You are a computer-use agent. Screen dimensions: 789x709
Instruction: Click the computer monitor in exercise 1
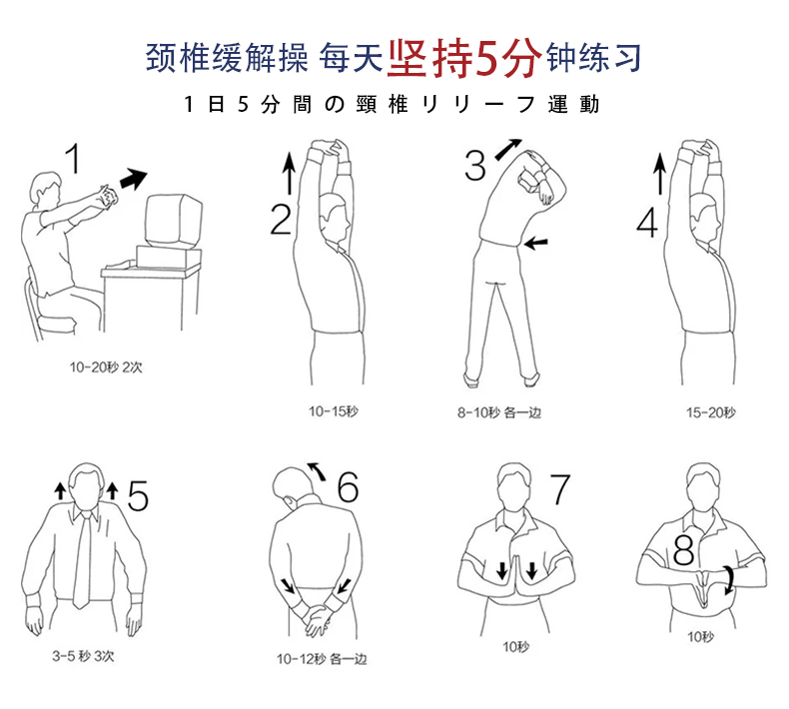(174, 222)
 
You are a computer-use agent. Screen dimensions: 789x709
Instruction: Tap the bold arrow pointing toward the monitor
(134, 179)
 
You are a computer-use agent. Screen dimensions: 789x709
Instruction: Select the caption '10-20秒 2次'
(106, 367)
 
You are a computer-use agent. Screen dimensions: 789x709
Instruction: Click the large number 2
(281, 220)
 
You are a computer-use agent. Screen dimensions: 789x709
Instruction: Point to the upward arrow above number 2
(289, 173)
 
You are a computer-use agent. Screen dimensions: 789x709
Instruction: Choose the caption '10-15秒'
(334, 411)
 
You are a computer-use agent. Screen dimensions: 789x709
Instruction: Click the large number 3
(475, 166)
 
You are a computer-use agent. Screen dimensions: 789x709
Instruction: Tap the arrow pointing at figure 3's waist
(535, 243)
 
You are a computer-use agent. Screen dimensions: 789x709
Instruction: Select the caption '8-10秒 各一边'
(499, 413)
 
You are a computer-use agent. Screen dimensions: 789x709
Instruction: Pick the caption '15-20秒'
(710, 413)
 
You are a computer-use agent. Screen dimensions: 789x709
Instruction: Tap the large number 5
(138, 495)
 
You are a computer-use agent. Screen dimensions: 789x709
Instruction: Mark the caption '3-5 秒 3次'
(83, 656)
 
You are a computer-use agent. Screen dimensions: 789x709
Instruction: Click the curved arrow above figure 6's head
(317, 470)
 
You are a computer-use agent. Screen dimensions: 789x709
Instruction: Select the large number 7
(560, 488)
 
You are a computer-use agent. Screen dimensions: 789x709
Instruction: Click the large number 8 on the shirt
(684, 549)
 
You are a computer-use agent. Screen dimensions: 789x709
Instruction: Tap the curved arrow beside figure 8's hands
(729, 580)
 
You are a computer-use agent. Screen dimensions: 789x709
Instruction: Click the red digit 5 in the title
(487, 57)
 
